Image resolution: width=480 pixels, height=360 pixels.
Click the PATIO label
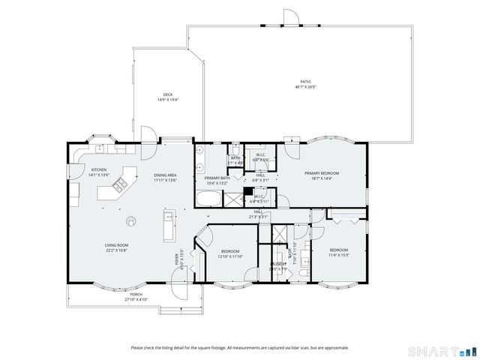coord(305,81)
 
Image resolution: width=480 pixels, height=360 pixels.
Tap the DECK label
coord(168,94)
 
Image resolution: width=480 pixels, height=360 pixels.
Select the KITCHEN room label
coord(99,169)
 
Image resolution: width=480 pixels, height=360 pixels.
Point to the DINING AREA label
coord(165,175)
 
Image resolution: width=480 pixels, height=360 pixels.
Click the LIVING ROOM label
coord(116,244)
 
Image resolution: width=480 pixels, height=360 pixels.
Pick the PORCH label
coord(136,294)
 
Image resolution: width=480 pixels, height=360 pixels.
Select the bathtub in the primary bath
coord(209,199)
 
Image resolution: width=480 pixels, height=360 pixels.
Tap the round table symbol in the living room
coord(130,220)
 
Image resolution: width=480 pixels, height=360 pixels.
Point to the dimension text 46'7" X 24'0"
coord(305,86)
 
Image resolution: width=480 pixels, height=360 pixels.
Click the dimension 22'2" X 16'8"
coord(116,250)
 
